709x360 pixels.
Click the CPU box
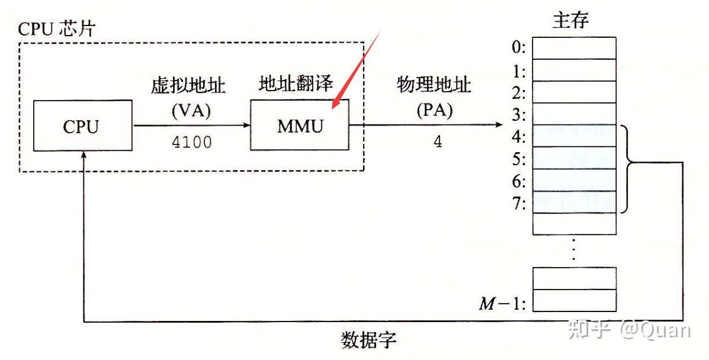coord(82,126)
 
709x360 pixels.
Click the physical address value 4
coord(438,143)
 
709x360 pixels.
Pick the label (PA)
coord(434,111)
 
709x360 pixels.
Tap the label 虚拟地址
coord(188,85)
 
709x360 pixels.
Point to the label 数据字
coord(368,340)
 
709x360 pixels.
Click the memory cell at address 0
coord(575,48)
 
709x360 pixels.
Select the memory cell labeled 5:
coord(575,158)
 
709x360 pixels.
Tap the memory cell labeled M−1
coord(575,300)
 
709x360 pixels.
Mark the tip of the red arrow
coord(333,109)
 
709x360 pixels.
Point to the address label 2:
coord(519,93)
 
